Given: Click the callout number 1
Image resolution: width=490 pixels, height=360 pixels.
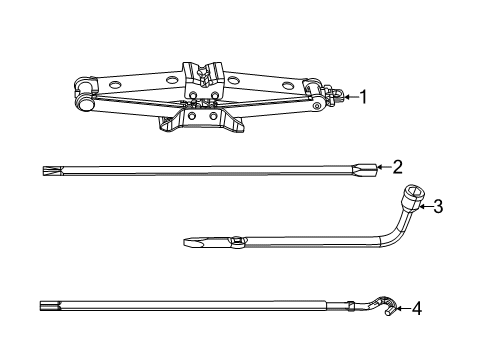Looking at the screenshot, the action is [363, 97].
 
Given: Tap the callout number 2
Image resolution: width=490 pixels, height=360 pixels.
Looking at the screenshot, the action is [397, 167].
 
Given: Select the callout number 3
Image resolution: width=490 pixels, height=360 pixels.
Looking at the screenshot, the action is [436, 207].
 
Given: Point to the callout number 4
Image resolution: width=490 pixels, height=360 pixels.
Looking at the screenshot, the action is [416, 308].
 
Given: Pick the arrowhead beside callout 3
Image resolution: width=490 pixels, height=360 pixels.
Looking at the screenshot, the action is [420, 207].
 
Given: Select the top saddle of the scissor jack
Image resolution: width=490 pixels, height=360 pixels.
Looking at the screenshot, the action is [207, 72].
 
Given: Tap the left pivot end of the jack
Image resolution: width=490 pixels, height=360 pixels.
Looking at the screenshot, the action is [87, 100].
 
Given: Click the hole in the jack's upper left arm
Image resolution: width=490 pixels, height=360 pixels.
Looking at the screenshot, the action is [172, 78].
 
